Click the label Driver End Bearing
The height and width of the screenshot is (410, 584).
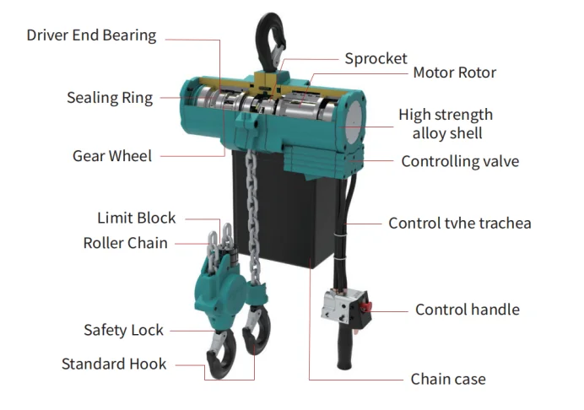(x=91, y=35)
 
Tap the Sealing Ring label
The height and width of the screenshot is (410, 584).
(x=110, y=98)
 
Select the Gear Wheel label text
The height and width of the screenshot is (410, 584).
(x=112, y=155)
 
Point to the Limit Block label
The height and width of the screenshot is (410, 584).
(x=136, y=218)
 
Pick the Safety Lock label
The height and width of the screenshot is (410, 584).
(x=123, y=330)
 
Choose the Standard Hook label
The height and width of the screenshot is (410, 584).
(x=114, y=364)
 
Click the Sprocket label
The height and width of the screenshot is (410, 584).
(x=376, y=59)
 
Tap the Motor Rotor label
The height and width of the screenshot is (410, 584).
(x=454, y=73)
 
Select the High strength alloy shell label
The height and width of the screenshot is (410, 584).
(x=446, y=124)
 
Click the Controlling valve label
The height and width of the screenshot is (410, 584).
(x=460, y=161)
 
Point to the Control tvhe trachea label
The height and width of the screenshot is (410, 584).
(x=460, y=224)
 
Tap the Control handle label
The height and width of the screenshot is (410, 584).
(x=467, y=310)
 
